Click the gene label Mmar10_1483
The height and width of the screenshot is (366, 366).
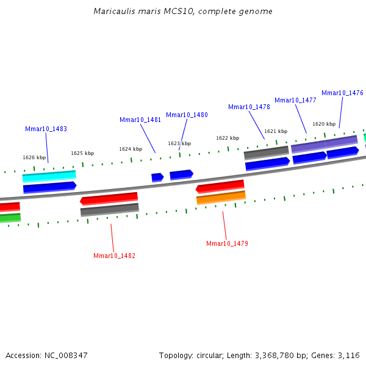(46, 129)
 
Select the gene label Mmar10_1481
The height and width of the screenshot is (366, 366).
(140, 120)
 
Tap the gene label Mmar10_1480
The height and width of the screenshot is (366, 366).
(187, 115)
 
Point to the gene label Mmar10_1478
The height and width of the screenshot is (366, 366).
(249, 107)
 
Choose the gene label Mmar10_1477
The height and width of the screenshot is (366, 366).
(295, 100)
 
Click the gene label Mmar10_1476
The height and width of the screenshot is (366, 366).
(342, 93)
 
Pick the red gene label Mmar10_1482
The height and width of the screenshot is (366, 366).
(114, 256)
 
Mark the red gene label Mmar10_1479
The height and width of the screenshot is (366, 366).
(227, 243)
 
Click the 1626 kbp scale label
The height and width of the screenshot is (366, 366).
(34, 157)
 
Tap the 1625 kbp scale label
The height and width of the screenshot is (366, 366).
(82, 153)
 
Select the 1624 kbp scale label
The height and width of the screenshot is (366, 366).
(131, 149)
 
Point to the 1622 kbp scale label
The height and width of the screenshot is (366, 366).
(228, 138)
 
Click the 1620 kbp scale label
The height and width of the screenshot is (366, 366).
(324, 124)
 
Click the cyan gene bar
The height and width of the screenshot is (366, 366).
(49, 176)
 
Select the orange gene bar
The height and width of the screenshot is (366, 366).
(221, 198)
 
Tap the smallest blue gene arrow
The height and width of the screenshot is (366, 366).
(157, 177)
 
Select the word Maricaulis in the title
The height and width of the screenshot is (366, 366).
(113, 12)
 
